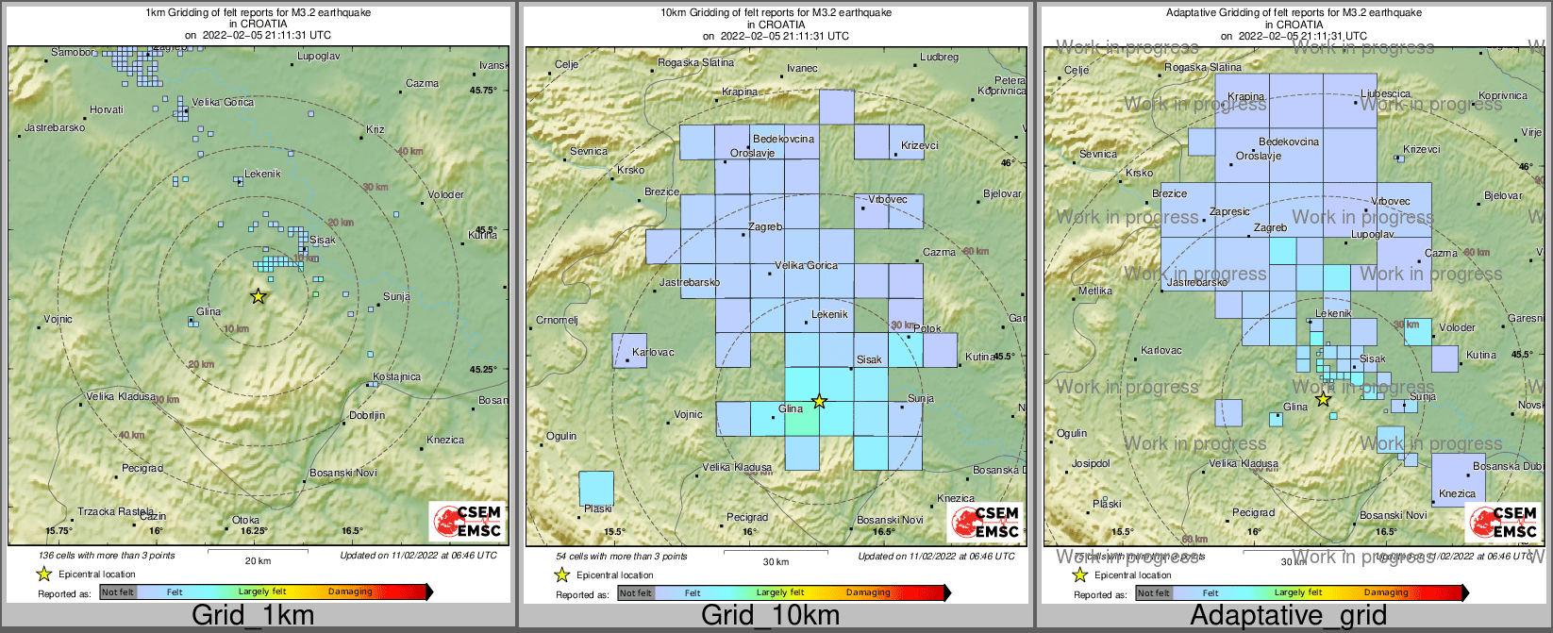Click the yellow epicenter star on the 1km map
(259, 296)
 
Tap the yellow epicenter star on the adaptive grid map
(1323, 399)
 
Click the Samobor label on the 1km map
(73, 53)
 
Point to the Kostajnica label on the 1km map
(396, 377)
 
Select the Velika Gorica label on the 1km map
(223, 103)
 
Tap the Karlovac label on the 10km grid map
(653, 353)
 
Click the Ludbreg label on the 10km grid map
(939, 58)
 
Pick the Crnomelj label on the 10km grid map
(557, 320)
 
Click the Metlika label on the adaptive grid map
(1094, 292)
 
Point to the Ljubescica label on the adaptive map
(1386, 94)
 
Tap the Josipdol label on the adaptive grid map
(1091, 464)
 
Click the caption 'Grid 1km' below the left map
(253, 616)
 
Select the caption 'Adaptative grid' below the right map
(1288, 616)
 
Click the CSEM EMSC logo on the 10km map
(986, 522)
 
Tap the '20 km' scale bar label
(258, 561)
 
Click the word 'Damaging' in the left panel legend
(350, 592)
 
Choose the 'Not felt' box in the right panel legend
(1153, 593)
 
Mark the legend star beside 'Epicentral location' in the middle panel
(562, 575)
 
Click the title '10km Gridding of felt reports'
(776, 13)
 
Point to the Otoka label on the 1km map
(246, 521)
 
